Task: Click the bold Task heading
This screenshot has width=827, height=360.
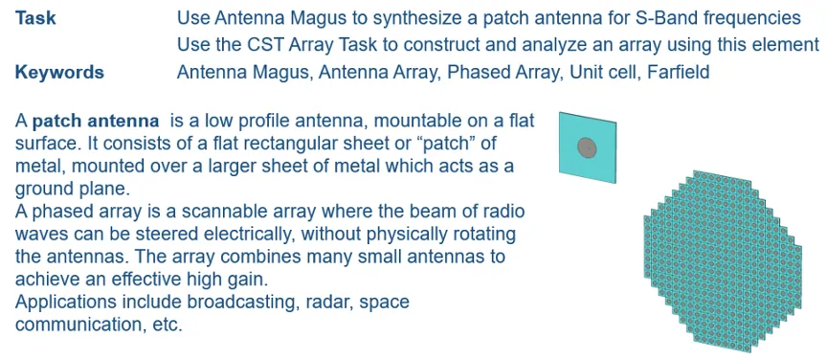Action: (x=35, y=19)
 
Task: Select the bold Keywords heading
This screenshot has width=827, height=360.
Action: (x=59, y=72)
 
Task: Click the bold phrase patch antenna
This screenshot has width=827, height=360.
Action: (x=96, y=122)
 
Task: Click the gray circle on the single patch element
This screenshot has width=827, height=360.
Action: (x=587, y=147)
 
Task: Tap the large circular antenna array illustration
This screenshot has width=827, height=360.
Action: (x=723, y=261)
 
